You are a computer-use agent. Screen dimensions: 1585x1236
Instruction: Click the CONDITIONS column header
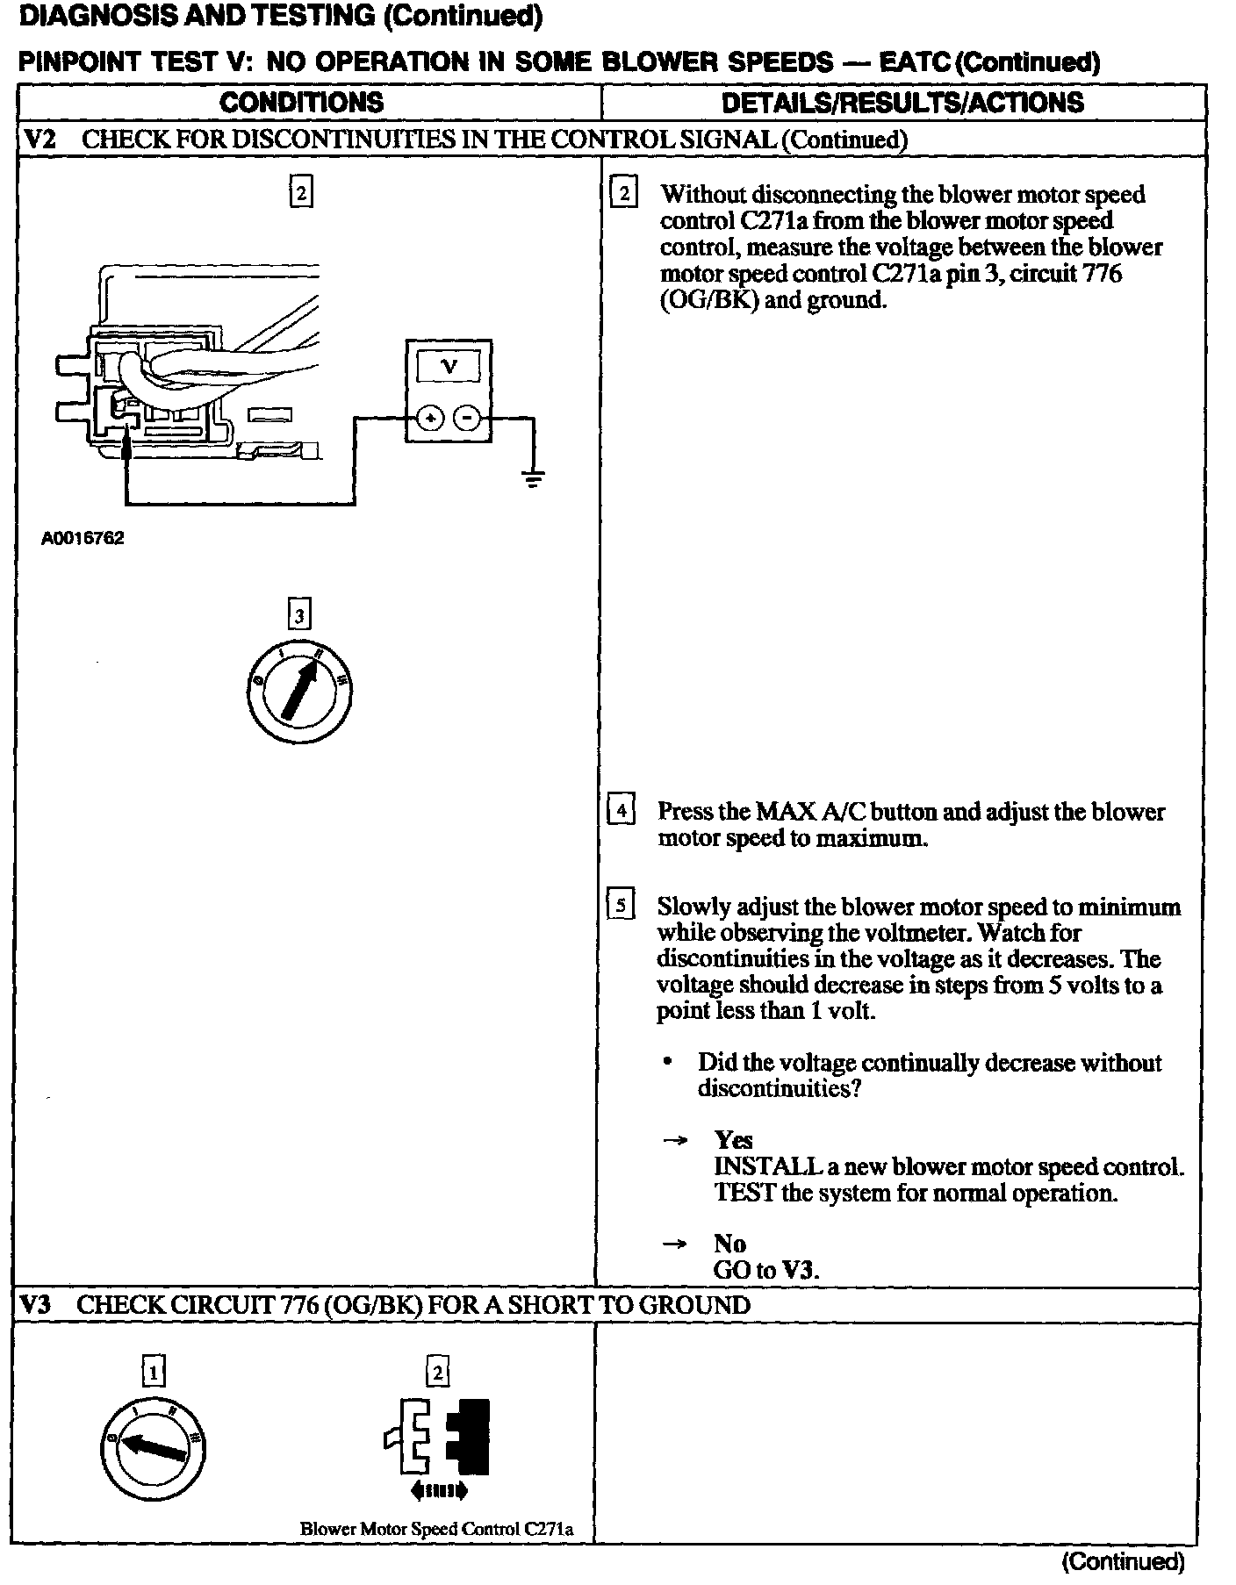[x=301, y=103]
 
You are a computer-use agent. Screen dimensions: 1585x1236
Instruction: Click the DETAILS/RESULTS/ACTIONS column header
[x=902, y=103]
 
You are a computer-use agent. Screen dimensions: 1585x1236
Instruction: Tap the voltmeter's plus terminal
[x=430, y=418]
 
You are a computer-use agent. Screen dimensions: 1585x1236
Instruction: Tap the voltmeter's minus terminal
[x=470, y=418]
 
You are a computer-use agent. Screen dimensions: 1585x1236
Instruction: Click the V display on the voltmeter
[x=449, y=366]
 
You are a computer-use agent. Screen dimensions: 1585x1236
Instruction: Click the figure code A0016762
[x=83, y=538]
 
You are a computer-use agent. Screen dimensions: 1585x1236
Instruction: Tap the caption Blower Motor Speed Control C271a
[x=436, y=1528]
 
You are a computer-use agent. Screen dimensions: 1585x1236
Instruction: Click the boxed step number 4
[x=621, y=809]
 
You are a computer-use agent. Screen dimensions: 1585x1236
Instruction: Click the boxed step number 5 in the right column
[x=620, y=905]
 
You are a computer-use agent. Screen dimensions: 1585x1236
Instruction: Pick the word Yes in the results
[x=733, y=1140]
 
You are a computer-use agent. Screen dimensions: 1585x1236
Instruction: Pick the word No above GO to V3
[x=729, y=1244]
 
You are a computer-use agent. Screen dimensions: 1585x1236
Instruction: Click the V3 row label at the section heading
[x=36, y=1305]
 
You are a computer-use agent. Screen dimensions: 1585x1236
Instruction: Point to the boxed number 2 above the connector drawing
[x=301, y=191]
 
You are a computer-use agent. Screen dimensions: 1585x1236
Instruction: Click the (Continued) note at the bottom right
[x=1123, y=1561]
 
